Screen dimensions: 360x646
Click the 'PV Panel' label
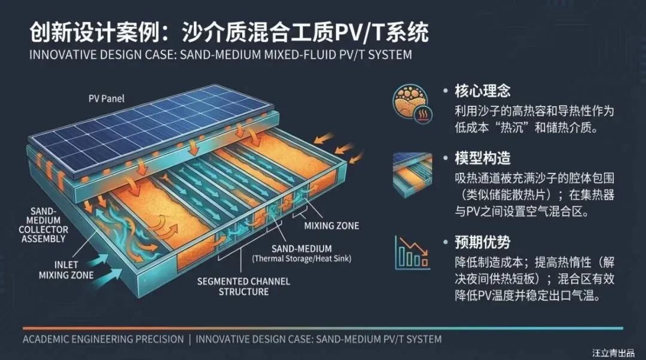(105, 99)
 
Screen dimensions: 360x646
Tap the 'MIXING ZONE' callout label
(331, 226)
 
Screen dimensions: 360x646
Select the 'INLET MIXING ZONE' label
(66, 270)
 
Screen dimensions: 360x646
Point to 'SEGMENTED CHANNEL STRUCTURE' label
(243, 286)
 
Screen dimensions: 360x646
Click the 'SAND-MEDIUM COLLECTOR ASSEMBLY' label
(44, 225)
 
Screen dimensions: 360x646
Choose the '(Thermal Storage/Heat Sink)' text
(301, 259)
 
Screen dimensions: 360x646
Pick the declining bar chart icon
(412, 252)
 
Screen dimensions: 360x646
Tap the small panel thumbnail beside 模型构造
(412, 173)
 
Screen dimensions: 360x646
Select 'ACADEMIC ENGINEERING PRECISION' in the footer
(103, 339)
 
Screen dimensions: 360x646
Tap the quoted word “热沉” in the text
(519, 128)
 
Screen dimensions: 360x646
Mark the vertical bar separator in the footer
(190, 339)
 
